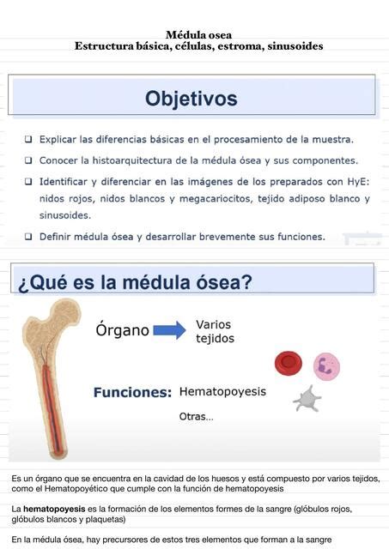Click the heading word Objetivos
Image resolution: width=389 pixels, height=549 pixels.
[191, 99]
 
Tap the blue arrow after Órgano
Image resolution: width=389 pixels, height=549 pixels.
[170, 330]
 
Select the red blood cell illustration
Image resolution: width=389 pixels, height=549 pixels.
[289, 363]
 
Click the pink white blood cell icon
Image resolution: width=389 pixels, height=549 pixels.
[326, 366]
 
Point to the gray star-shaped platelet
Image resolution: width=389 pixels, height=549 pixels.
[307, 399]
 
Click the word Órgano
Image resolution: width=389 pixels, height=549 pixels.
[122, 329]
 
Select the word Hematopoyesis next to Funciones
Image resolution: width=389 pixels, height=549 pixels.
[222, 391]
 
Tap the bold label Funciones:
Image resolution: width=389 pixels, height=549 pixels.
[132, 393]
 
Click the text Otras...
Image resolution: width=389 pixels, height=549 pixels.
[197, 417]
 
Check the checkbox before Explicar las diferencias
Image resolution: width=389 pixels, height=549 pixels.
[28, 139]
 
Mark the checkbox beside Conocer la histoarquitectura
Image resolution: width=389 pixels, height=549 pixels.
[28, 160]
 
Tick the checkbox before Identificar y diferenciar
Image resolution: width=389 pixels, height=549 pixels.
[28, 181]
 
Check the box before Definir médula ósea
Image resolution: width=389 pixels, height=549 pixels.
[28, 237]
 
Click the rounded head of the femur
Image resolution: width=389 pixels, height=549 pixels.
[67, 312]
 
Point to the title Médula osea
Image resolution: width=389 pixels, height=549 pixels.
[198, 35]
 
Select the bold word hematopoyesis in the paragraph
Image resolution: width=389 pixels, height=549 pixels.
[54, 509]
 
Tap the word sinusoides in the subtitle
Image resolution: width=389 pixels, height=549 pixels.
[295, 46]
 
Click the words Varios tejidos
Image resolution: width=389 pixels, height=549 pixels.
[216, 332]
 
